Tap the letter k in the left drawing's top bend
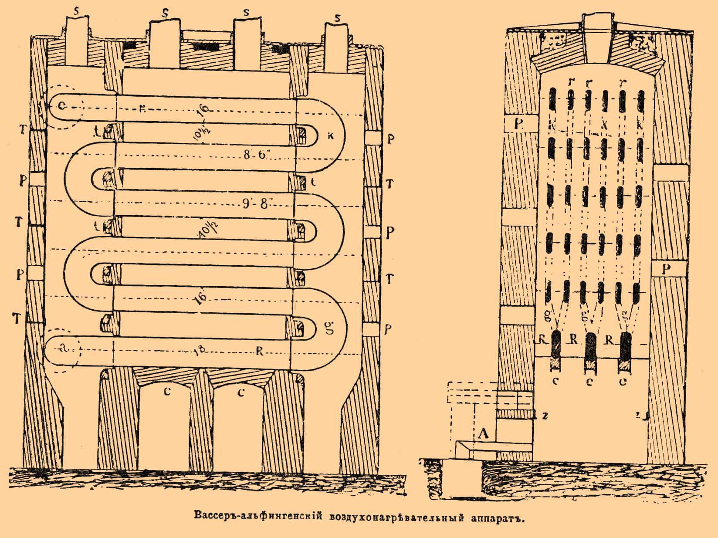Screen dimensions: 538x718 [330, 135]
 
